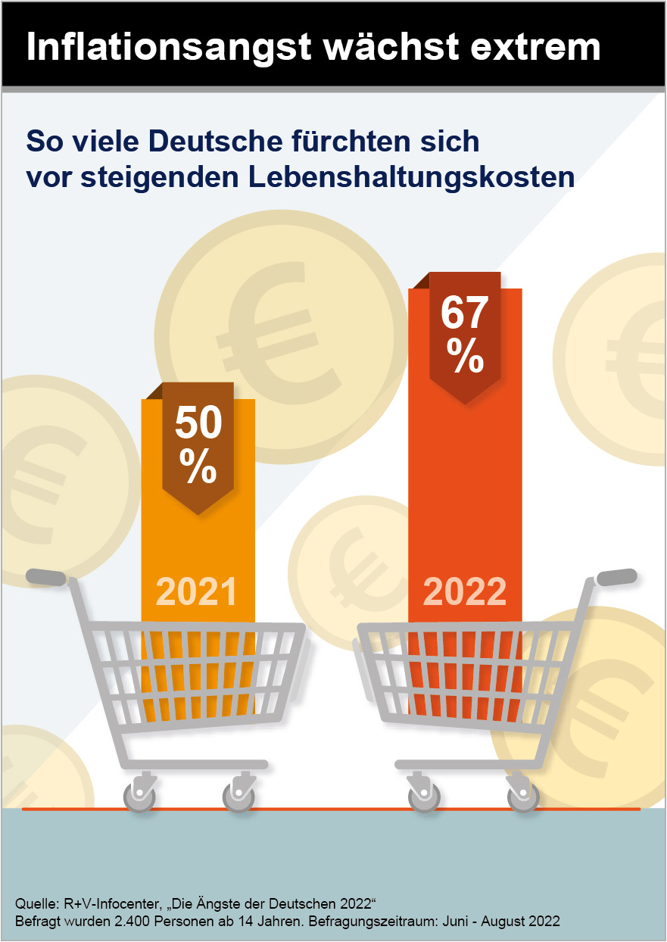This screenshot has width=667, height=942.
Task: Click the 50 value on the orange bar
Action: click(198, 424)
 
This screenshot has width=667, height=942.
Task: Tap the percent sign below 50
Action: click(198, 469)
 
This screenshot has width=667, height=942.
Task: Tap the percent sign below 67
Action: click(465, 355)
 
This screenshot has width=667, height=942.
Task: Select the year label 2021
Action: click(197, 592)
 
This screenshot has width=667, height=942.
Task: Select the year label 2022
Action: click(465, 592)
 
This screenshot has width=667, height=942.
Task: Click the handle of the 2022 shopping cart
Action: click(616, 577)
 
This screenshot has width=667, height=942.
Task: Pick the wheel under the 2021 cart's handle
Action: click(139, 797)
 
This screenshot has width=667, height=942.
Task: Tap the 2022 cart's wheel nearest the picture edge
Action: click(523, 797)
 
